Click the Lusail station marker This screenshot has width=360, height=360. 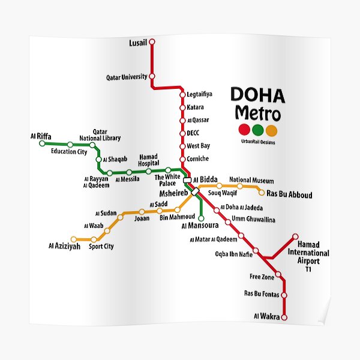(152, 42)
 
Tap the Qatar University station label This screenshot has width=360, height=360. (127, 77)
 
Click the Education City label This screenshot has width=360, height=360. (68, 152)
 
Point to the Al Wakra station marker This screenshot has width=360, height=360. (284, 317)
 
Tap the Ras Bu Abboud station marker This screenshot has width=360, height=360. (261, 192)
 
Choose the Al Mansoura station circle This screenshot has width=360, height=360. (201, 218)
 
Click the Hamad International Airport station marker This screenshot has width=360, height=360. (295, 236)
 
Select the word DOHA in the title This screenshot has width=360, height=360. (258, 95)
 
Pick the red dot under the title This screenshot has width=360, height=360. (244, 130)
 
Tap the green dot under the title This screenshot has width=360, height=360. (258, 130)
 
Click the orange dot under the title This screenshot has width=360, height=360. (272, 130)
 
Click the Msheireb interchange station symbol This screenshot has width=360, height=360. (195, 192)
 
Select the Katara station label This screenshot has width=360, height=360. (195, 107)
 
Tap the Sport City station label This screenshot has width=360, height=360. (101, 247)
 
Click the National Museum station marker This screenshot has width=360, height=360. (240, 186)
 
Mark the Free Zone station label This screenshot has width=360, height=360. (262, 277)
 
